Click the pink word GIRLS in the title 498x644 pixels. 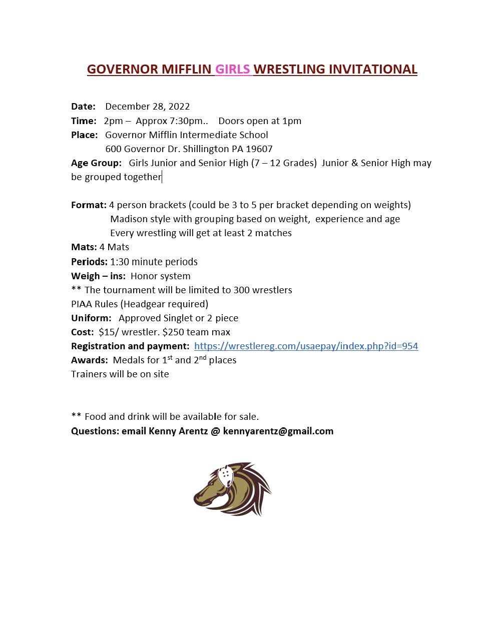tap(232, 69)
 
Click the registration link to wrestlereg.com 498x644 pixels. tap(306, 346)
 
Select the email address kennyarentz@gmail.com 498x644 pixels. tap(278, 431)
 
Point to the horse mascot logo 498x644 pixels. tap(232, 488)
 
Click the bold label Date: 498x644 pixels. tap(83, 106)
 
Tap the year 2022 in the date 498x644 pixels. tap(179, 106)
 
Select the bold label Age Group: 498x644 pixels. tap(96, 163)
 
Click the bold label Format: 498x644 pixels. tap(89, 205)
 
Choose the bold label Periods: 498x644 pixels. tap(89, 262)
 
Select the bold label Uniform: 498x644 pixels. tap(91, 318)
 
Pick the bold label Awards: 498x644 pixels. tap(89, 360)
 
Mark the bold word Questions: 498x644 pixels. tap(95, 431)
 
